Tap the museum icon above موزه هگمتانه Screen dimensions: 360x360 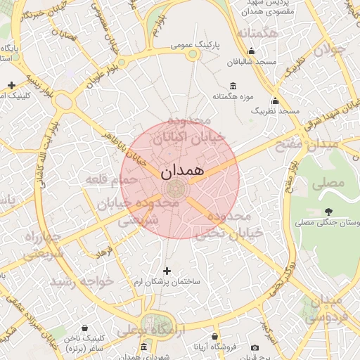point(233,85)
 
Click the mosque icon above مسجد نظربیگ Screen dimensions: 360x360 point(275,101)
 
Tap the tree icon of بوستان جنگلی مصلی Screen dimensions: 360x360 point(328,211)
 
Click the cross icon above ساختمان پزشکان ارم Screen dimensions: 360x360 point(167,271)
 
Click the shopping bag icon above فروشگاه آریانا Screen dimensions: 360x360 point(215,337)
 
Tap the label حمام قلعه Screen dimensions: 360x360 point(105,180)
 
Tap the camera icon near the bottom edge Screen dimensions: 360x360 point(255,347)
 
